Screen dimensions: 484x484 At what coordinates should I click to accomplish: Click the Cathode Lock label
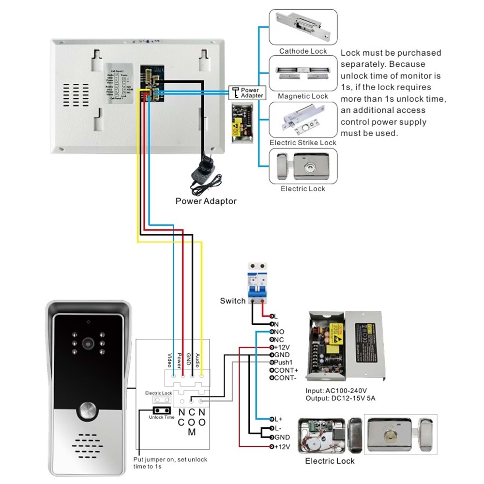pos(303,51)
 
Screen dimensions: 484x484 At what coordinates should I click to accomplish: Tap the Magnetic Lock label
pos(303,96)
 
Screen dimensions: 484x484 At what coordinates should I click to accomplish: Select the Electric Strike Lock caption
pos(303,143)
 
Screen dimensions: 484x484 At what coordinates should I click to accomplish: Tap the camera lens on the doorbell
pos(88,342)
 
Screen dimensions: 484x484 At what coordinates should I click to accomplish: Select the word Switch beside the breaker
pos(233,301)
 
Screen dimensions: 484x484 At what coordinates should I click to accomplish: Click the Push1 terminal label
pos(284,362)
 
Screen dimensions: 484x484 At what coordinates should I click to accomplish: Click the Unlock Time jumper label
pos(162,417)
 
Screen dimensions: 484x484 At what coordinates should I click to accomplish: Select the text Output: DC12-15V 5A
pos(341,398)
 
